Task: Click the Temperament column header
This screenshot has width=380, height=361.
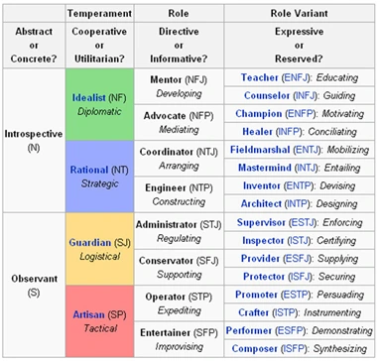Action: [99, 13]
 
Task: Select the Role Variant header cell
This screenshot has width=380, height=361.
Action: [300, 13]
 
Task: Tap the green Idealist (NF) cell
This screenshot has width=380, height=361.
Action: [99, 104]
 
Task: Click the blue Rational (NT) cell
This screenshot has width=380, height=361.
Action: [99, 177]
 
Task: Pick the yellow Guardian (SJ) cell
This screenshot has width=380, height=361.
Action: [99, 249]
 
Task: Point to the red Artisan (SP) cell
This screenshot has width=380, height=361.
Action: [99, 321]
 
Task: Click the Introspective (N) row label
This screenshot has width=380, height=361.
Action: [34, 141]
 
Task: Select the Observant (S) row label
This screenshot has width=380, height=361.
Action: [34, 285]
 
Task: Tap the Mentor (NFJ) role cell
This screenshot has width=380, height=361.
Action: [179, 86]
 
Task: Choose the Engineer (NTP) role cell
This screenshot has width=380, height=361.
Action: [179, 194]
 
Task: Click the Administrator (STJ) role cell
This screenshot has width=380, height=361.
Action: [179, 231]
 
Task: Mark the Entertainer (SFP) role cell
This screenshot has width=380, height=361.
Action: [179, 339]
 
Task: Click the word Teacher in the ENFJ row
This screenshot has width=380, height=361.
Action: [260, 77]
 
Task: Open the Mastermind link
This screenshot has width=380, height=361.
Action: [265, 168]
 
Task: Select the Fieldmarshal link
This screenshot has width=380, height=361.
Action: [260, 150]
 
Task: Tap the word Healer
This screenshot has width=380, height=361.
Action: [257, 132]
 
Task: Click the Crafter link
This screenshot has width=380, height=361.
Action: [253, 312]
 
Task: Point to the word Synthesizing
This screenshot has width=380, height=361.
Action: [340, 349]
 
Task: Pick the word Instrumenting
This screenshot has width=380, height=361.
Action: [332, 312]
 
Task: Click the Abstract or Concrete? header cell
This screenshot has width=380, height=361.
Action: [34, 46]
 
